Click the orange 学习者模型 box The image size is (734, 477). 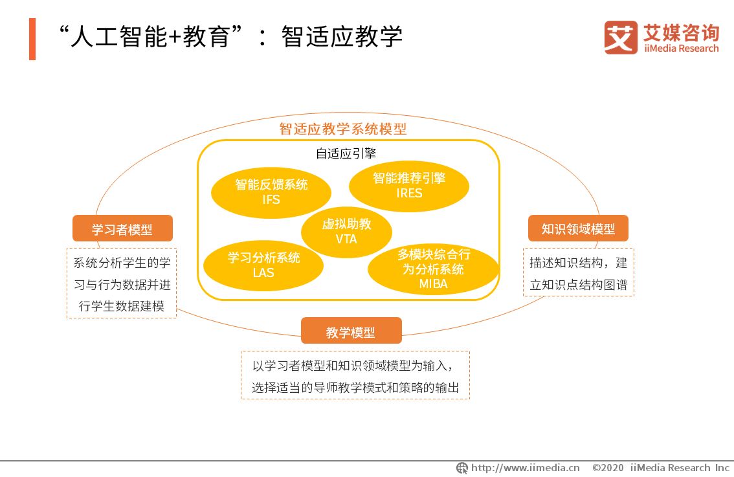coord(122,228)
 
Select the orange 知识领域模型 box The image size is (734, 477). coord(578,228)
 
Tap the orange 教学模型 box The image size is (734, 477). coord(351,331)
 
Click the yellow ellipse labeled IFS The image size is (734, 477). coord(271,192)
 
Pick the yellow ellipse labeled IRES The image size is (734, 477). coord(409,186)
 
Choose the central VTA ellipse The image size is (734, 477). coord(346,232)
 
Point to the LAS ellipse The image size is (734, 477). coord(263,265)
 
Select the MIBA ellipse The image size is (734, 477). coord(433,270)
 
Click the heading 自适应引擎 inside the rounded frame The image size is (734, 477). coord(346,153)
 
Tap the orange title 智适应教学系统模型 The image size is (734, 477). coord(343,129)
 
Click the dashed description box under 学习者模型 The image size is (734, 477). coord(122,283)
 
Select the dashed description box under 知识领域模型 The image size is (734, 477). coord(579,272)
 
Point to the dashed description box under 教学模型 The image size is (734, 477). coord(355,375)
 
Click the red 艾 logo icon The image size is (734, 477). coord(621,38)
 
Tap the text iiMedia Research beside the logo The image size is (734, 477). coord(681,48)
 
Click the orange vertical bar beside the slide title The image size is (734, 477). coord(32,39)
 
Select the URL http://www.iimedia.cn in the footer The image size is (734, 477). coord(525,468)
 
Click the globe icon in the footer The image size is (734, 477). coord(462,468)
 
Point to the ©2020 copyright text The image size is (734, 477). coord(608,468)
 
